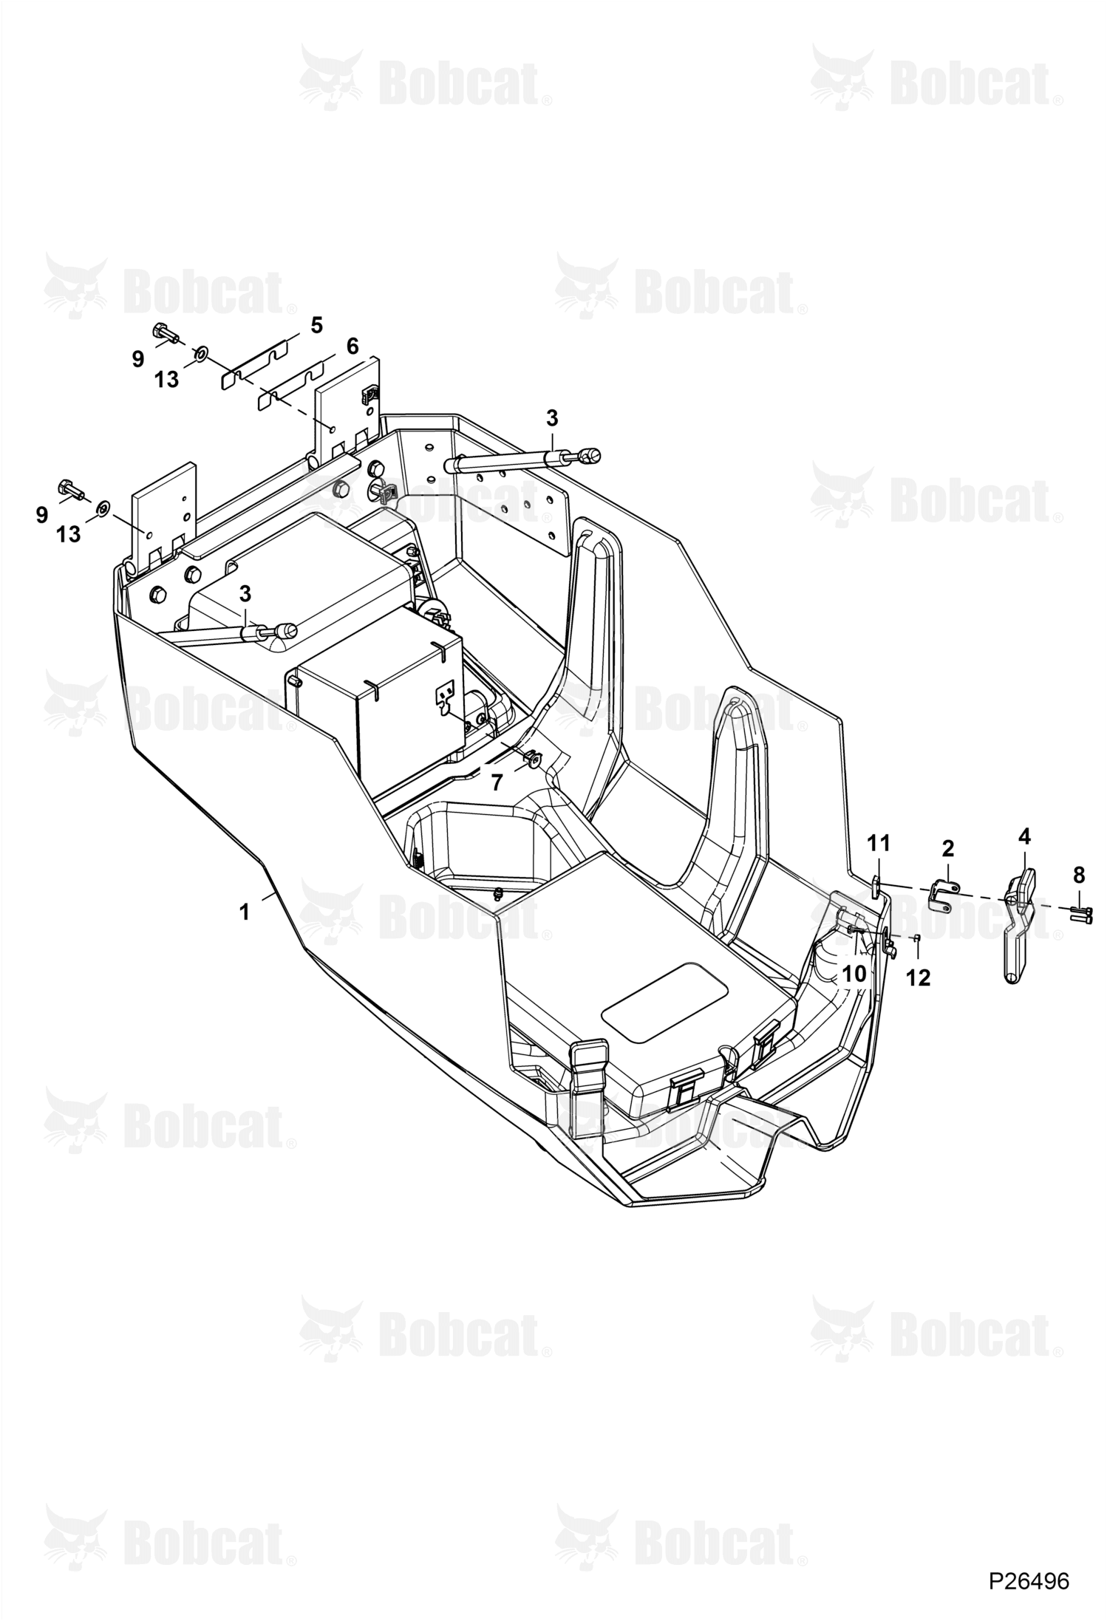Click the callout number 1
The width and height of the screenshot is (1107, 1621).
tap(245, 912)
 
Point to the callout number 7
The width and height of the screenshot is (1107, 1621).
tap(497, 782)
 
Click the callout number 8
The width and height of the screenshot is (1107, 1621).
tap(1079, 876)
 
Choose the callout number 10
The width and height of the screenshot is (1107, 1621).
tap(854, 974)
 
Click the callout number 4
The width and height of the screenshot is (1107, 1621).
tap(1024, 836)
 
